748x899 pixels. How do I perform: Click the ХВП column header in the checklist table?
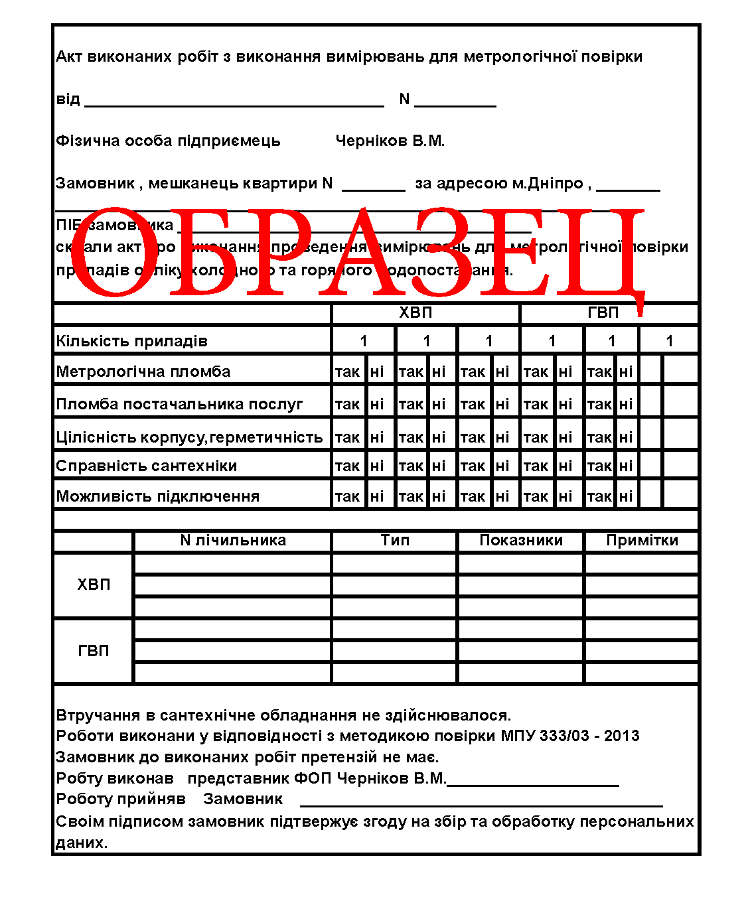coord(415,312)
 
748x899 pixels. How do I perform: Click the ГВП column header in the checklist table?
coord(603,312)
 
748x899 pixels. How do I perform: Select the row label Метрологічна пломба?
coord(143,372)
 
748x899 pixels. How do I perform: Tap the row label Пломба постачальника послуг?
coord(179,404)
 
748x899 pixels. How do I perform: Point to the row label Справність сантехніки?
coord(147,466)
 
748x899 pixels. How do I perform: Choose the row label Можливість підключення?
coord(158,496)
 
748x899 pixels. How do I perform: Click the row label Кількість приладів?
coord(132,341)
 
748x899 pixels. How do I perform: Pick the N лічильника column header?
coord(233,540)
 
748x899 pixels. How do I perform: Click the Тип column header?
coord(395,540)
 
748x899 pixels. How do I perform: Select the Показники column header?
coord(521,540)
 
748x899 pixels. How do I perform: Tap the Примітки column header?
coord(642,540)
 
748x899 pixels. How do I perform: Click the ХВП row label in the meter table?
coord(94,585)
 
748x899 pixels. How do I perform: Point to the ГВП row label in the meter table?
coord(94,651)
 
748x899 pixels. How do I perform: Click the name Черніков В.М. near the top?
coord(390,141)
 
